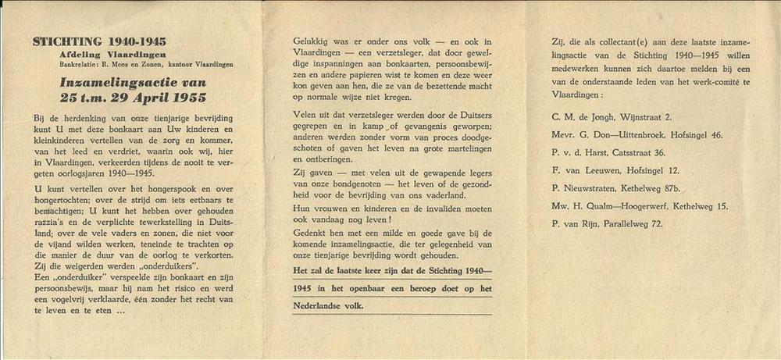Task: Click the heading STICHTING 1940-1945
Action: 99,41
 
